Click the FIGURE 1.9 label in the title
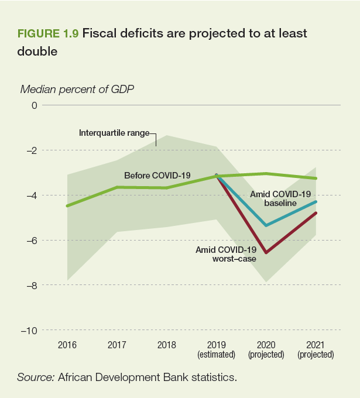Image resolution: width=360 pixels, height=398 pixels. click(x=49, y=33)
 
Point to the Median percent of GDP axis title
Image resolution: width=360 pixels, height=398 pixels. click(x=77, y=90)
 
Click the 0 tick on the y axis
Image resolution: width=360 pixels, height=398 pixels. click(x=35, y=105)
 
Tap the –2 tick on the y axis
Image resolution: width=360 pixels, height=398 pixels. click(x=31, y=150)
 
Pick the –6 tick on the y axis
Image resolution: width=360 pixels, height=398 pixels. click(x=31, y=240)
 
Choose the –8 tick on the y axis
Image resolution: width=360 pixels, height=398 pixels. click(x=31, y=285)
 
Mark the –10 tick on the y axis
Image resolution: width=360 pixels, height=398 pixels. click(x=29, y=330)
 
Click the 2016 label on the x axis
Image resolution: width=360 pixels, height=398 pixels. click(x=67, y=345)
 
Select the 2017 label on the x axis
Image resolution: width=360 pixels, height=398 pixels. click(x=117, y=345)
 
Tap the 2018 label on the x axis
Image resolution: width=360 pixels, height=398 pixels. click(x=167, y=345)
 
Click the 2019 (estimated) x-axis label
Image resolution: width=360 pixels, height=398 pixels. click(x=217, y=349)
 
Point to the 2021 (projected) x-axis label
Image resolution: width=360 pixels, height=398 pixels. click(x=316, y=349)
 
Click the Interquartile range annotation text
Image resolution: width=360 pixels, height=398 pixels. click(x=114, y=133)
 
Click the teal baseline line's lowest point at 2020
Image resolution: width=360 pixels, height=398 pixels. click(x=266, y=225)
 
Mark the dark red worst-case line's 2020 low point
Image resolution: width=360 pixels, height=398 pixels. click(x=266, y=253)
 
